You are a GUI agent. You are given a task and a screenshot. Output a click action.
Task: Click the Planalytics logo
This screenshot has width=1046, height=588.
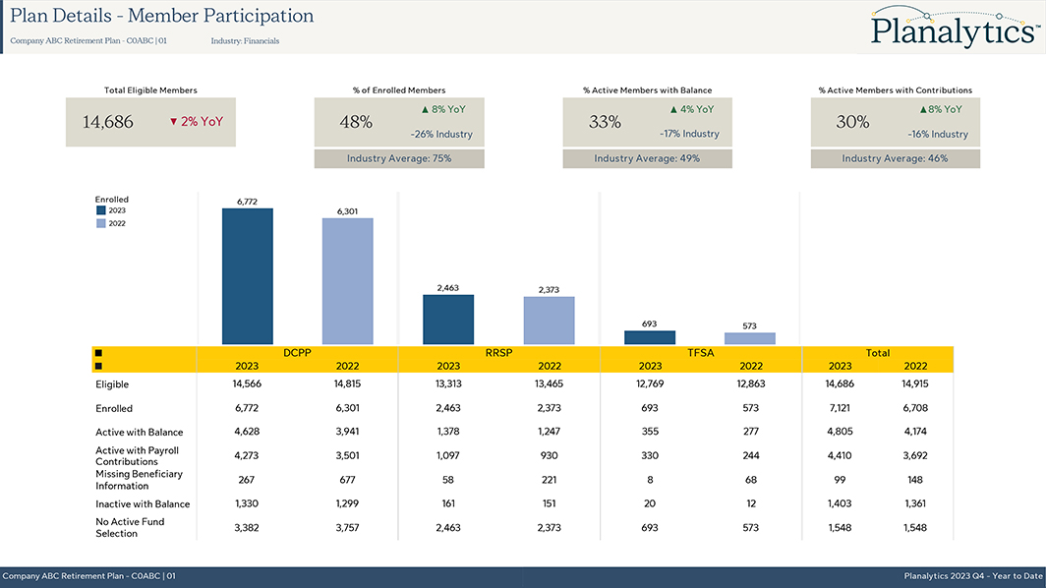click(954, 29)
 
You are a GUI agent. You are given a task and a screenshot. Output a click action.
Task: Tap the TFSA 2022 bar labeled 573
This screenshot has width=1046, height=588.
click(749, 338)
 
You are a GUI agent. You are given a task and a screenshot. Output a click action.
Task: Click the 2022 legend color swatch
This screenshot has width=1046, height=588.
click(101, 223)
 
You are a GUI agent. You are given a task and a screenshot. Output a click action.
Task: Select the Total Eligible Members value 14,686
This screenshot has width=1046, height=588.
click(108, 122)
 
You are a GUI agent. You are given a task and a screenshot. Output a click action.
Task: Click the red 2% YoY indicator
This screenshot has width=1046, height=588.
click(196, 122)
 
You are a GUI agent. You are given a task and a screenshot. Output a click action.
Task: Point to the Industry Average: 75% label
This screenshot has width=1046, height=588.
click(399, 158)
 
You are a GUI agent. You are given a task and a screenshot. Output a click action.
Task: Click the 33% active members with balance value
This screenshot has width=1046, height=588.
click(605, 122)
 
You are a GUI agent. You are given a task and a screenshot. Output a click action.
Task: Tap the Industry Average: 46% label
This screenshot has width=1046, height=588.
click(895, 158)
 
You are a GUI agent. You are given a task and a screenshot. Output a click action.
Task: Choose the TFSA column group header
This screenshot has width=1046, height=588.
click(700, 352)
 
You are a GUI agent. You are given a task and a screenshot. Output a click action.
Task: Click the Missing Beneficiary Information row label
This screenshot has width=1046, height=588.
click(139, 479)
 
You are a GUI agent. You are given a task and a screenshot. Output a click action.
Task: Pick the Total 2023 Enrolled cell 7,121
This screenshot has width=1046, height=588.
click(840, 408)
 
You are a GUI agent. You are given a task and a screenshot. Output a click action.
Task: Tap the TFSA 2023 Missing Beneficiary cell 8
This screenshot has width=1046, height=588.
click(649, 480)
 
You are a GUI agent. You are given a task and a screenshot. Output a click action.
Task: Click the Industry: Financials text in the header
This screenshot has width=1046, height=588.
click(245, 41)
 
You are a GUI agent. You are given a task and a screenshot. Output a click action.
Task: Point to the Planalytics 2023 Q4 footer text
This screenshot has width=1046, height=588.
click(972, 576)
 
